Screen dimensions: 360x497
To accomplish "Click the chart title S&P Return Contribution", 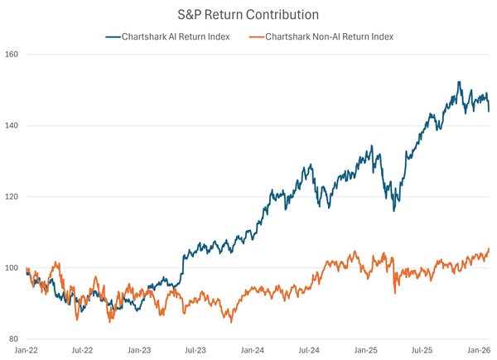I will [x=248, y=14].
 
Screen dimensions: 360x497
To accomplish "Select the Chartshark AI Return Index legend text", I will [x=176, y=36].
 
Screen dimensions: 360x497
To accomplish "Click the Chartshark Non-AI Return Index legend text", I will [x=329, y=36].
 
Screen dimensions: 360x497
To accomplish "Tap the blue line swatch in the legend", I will [x=113, y=36].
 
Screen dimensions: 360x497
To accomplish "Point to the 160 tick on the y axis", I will [x=12, y=55].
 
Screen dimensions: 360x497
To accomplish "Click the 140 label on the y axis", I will [x=12, y=126].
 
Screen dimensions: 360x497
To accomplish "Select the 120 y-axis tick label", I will [x=12, y=197].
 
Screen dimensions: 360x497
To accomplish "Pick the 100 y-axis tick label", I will [x=12, y=268].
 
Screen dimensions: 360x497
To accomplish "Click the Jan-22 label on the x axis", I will [x=27, y=350].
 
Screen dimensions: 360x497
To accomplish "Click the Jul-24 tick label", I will [x=310, y=350].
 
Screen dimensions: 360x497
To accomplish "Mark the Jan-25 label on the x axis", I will [x=367, y=350].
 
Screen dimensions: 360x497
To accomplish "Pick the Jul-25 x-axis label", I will [x=423, y=350].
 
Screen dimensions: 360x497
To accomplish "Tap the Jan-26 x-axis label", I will [x=480, y=350].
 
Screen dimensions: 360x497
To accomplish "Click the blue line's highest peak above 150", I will [x=458, y=82].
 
